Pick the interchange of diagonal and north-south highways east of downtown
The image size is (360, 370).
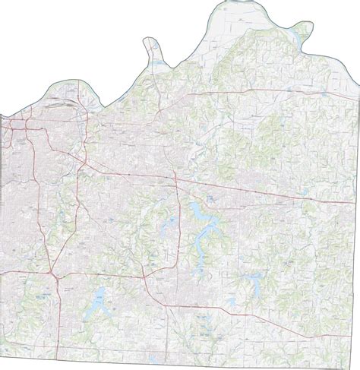83,162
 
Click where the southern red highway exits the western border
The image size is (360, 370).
2,270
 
